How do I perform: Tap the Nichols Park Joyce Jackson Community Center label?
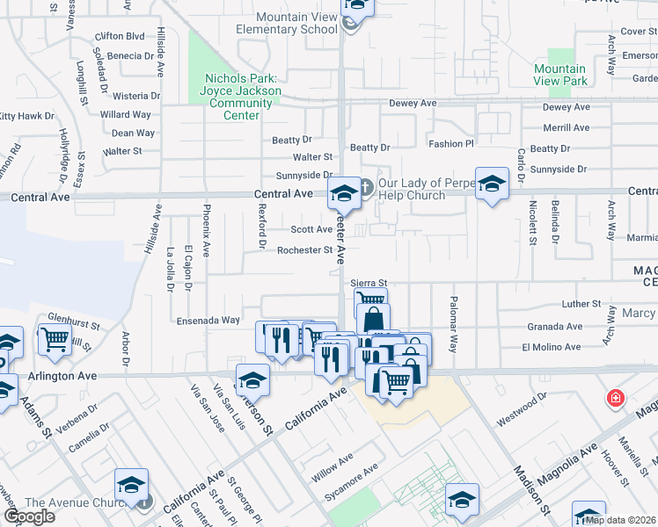[240, 97]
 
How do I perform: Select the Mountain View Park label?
[560, 75]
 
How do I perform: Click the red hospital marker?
[617, 400]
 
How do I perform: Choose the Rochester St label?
[304, 250]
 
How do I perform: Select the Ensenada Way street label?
[208, 321]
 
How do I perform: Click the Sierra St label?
[369, 283]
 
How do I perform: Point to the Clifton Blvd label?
[120, 36]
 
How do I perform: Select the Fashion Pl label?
[451, 143]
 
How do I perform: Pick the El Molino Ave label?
[552, 347]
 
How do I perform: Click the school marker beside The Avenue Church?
[131, 486]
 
